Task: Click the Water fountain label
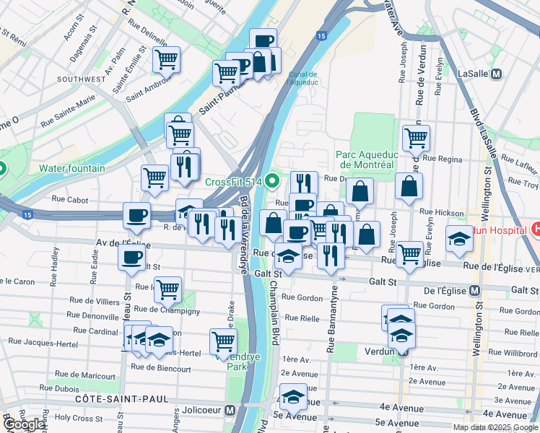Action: pos(71,168)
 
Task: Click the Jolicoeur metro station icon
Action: pos(230,410)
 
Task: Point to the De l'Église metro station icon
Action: pos(474,290)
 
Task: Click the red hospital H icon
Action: pos(535,229)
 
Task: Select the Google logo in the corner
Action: pos(24,425)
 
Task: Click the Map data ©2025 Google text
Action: pos(495,427)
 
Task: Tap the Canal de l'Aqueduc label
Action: pos(302,78)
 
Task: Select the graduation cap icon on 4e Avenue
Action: pos(293,398)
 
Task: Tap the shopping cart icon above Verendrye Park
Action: pos(223,341)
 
